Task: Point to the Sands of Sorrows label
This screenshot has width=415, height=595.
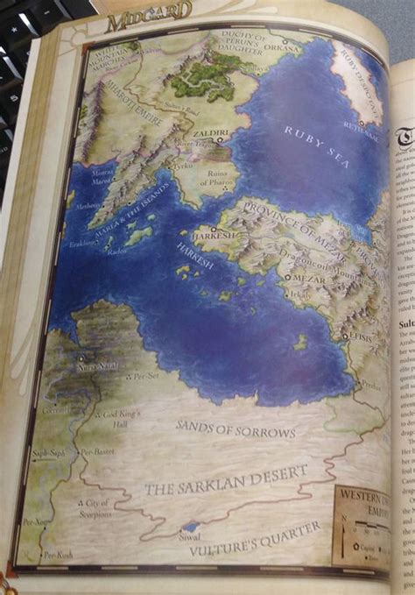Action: tap(236, 427)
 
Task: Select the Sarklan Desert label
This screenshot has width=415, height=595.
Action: tap(226, 479)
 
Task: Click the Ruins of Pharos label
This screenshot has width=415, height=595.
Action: tap(217, 180)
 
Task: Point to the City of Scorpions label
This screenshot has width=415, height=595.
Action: tap(95, 508)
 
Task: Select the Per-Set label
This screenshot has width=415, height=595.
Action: tap(145, 376)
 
